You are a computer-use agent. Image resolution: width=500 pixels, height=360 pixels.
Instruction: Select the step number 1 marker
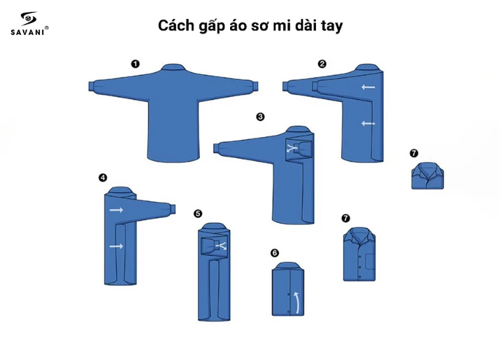(x=135, y=64)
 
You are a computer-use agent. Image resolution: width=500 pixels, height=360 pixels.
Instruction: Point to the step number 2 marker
(x=322, y=64)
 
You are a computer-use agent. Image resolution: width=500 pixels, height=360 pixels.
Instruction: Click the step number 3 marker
(x=260, y=117)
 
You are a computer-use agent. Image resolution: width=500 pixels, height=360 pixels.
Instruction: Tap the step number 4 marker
(x=103, y=178)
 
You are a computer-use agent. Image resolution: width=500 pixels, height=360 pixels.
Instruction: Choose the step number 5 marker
(x=198, y=213)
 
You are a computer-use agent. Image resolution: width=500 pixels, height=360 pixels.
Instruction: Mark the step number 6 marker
(x=274, y=252)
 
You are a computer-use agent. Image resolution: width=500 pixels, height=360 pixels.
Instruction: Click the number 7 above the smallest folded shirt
(x=413, y=153)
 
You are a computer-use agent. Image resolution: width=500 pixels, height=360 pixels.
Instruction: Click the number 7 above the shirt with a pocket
(x=345, y=218)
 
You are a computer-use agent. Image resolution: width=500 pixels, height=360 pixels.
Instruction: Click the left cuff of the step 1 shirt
(x=92, y=86)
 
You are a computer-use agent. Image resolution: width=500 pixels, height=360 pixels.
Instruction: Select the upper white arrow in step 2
(x=368, y=88)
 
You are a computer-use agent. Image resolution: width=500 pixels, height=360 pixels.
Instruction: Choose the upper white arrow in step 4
(x=115, y=209)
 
